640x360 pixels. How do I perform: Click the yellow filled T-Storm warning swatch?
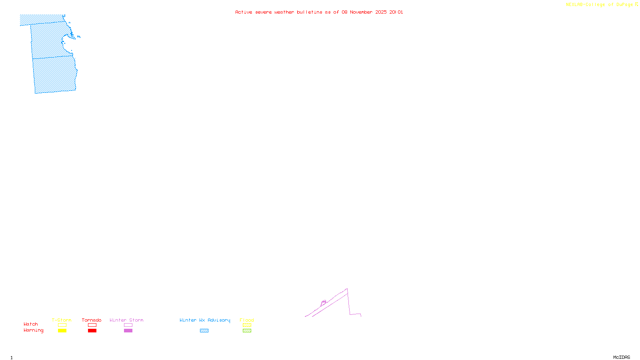coord(62,331)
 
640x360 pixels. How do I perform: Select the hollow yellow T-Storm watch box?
coord(62,325)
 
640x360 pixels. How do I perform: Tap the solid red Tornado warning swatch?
coord(92,331)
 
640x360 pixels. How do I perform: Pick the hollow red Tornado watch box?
coord(92,325)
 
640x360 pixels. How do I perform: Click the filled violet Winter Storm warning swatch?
coord(128,331)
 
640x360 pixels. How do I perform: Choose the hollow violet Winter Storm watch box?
coord(128,325)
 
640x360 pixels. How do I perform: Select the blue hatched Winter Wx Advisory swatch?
coord(204,331)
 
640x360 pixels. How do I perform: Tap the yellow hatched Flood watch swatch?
coord(247,325)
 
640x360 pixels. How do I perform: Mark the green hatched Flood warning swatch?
coord(247,331)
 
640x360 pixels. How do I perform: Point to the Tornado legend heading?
coord(92,320)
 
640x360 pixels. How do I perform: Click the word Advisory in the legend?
coord(219,320)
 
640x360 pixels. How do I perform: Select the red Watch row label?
coord(31,324)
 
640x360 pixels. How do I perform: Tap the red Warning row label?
coord(33,330)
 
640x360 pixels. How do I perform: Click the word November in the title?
coord(361,12)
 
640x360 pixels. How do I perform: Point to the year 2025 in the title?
coord(381,12)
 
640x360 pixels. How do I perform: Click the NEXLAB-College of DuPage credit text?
coord(600,5)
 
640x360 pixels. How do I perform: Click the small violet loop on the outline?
coord(324,302)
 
